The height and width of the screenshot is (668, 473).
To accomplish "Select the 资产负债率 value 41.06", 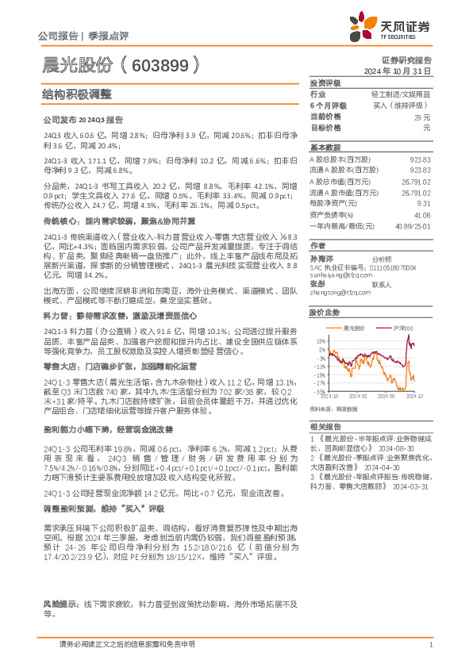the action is coord(421,214).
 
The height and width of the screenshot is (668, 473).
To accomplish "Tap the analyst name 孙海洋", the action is coord(320,259).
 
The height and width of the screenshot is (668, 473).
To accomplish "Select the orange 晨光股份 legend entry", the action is coord(356,327).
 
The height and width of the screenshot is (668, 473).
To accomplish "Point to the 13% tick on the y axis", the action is coord(318,340).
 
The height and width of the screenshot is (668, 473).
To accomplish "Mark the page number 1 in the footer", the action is coord(429,645).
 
